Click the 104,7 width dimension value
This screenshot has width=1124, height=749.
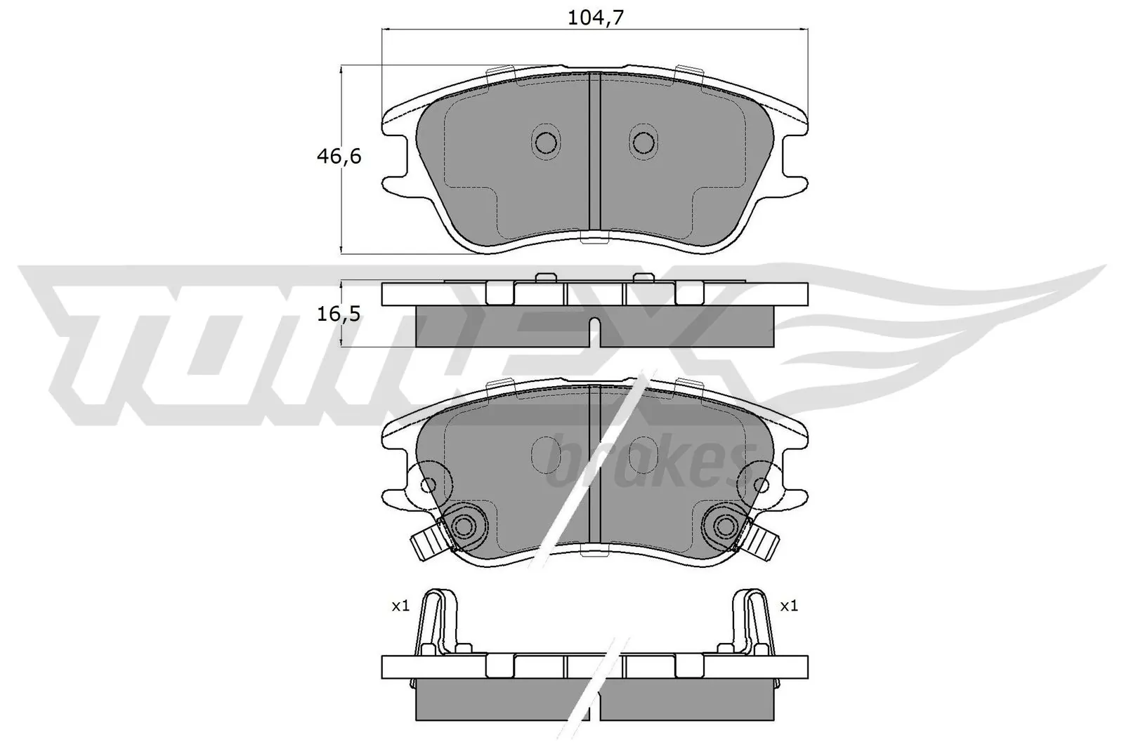coord(596,19)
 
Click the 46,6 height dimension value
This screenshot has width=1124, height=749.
coord(339,157)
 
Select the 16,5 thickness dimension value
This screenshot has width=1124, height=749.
coord(339,314)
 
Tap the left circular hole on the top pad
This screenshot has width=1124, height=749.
coord(546,142)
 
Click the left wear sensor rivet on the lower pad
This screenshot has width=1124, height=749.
coord(463,526)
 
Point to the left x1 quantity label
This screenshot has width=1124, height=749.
coord(400,605)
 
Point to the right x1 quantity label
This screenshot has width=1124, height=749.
coord(789,605)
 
